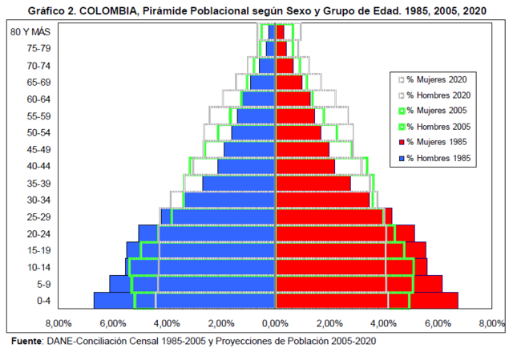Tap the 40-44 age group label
38,166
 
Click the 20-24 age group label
38,233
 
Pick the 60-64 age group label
38,99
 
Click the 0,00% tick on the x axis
275,323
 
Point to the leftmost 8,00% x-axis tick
59,323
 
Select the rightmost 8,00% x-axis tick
491,323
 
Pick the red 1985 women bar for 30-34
321,200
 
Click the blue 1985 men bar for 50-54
252,132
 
